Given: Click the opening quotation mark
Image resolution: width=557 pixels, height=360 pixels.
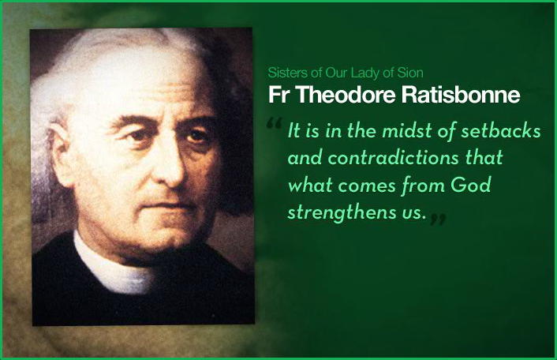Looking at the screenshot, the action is [274, 123].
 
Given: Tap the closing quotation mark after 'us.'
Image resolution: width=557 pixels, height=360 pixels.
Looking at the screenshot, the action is [438, 219].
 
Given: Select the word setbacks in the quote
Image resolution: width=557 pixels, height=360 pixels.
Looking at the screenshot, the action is [500, 131].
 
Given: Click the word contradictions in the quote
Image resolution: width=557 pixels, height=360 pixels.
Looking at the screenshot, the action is [393, 157].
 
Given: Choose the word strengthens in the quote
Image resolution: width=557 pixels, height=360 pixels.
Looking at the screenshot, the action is [341, 213].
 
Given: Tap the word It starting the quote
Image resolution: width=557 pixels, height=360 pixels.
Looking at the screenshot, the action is [293, 131].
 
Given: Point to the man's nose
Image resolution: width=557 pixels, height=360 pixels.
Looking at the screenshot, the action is [170, 163].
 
